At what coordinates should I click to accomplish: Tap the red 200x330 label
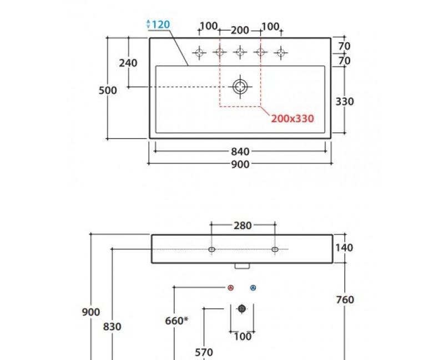[292, 118]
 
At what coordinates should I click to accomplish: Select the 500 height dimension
[108, 90]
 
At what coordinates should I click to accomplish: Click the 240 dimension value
[128, 63]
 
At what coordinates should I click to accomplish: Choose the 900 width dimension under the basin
[240, 164]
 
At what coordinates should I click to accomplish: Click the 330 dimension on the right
[345, 102]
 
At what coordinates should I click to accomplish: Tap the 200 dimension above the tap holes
[240, 29]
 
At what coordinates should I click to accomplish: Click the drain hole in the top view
[240, 86]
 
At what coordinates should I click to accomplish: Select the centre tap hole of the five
[240, 53]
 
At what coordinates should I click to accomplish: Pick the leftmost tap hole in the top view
[199, 53]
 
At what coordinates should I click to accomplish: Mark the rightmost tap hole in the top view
[281, 53]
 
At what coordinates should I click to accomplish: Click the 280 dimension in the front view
[243, 226]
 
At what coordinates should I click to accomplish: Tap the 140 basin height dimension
[345, 248]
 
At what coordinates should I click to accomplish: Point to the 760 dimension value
[345, 300]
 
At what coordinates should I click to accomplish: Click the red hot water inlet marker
[231, 288]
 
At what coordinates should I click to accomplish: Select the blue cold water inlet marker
[253, 288]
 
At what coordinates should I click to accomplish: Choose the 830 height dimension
[113, 327]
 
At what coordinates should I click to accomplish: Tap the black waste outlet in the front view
[241, 309]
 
